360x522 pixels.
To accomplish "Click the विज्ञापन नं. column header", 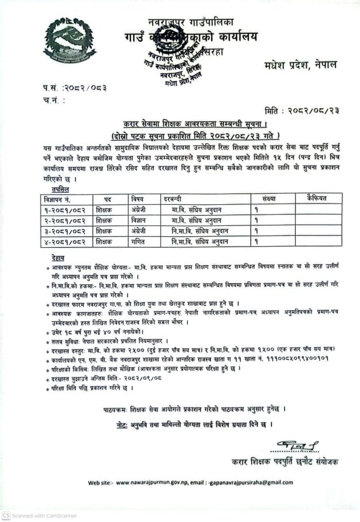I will [x=61, y=198].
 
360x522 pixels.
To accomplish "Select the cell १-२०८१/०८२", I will [x=64, y=209].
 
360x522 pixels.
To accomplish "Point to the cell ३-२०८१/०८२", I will [x=64, y=231].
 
